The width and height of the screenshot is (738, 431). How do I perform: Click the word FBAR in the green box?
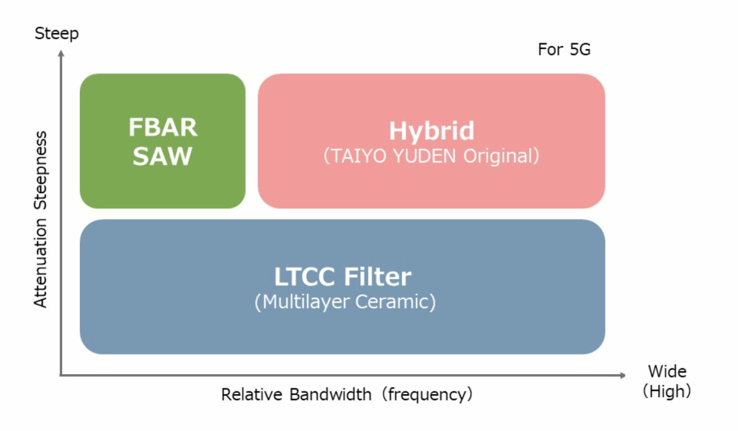pos(162,128)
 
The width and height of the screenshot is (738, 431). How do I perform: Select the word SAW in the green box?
pos(162,156)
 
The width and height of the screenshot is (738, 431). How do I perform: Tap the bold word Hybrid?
pos(431,130)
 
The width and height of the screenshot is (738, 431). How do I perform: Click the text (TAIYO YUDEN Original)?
pos(431,155)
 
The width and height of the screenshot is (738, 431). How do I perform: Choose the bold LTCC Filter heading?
pos(342,276)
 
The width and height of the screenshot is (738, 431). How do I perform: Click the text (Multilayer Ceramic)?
pos(344,301)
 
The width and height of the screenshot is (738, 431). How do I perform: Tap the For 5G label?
pos(564,50)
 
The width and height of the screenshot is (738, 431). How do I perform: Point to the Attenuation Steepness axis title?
pos(40,219)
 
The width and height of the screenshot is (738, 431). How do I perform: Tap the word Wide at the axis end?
pos(667,372)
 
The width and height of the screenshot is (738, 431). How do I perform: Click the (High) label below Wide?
pos(667,391)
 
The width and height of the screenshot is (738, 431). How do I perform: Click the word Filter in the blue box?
pos(377,276)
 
